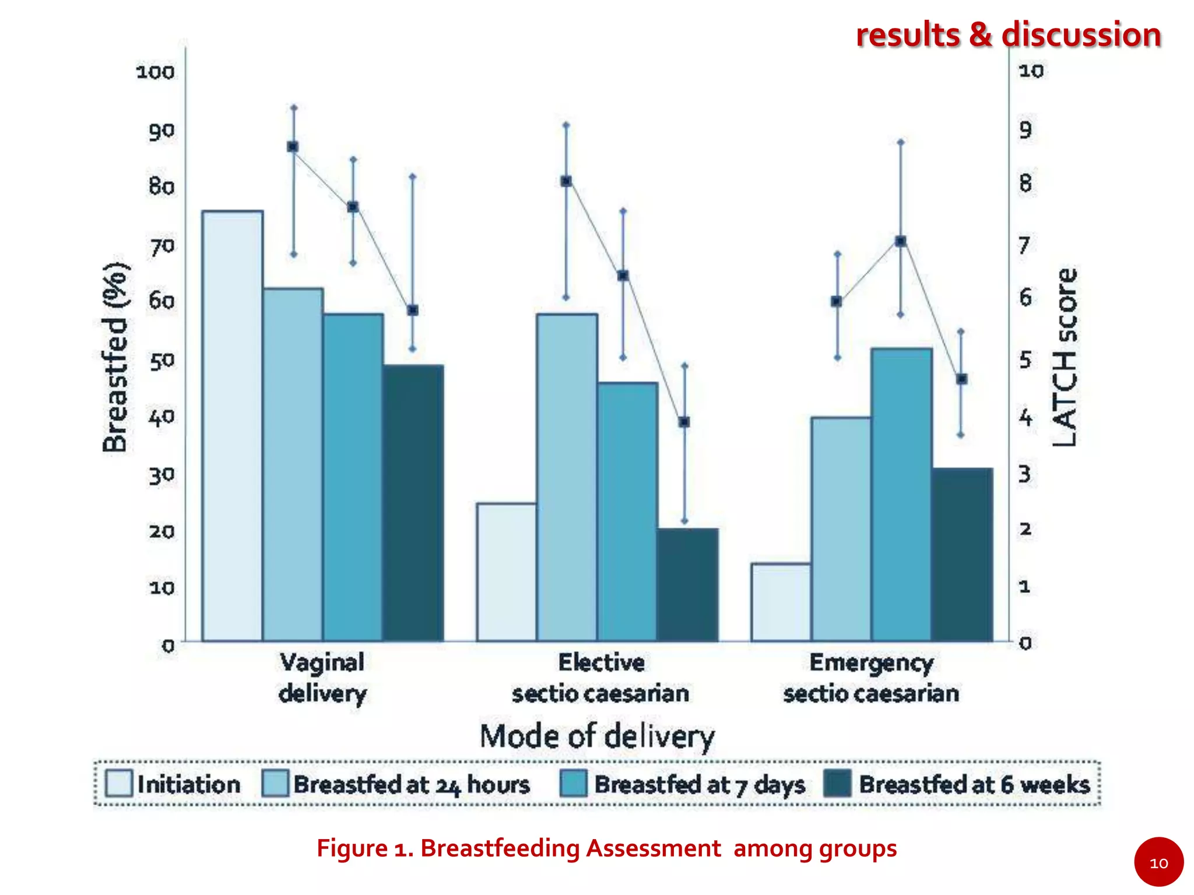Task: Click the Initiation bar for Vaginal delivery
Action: pyautogui.click(x=232, y=425)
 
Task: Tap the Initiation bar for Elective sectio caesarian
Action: pyautogui.click(x=507, y=572)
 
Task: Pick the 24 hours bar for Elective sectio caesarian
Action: pyautogui.click(x=567, y=477)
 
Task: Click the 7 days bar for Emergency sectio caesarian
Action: pyautogui.click(x=901, y=495)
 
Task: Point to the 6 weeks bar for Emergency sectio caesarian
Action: pyautogui.click(x=962, y=554)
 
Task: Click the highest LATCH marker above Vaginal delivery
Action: pyautogui.click(x=293, y=147)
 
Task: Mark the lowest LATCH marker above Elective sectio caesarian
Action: pyautogui.click(x=684, y=422)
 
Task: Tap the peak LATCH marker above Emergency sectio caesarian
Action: pyautogui.click(x=901, y=241)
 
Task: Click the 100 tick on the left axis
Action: pyautogui.click(x=155, y=72)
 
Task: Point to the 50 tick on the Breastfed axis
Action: pyautogui.click(x=161, y=361)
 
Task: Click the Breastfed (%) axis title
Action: pyautogui.click(x=115, y=357)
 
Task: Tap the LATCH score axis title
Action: pyautogui.click(x=1065, y=357)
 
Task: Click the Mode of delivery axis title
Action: pyautogui.click(x=597, y=736)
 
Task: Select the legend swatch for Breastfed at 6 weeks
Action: pyautogui.click(x=838, y=784)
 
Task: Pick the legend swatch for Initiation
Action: pyautogui.click(x=119, y=784)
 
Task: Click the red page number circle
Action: pyautogui.click(x=1158, y=862)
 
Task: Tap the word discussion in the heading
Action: pyautogui.click(x=1081, y=34)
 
